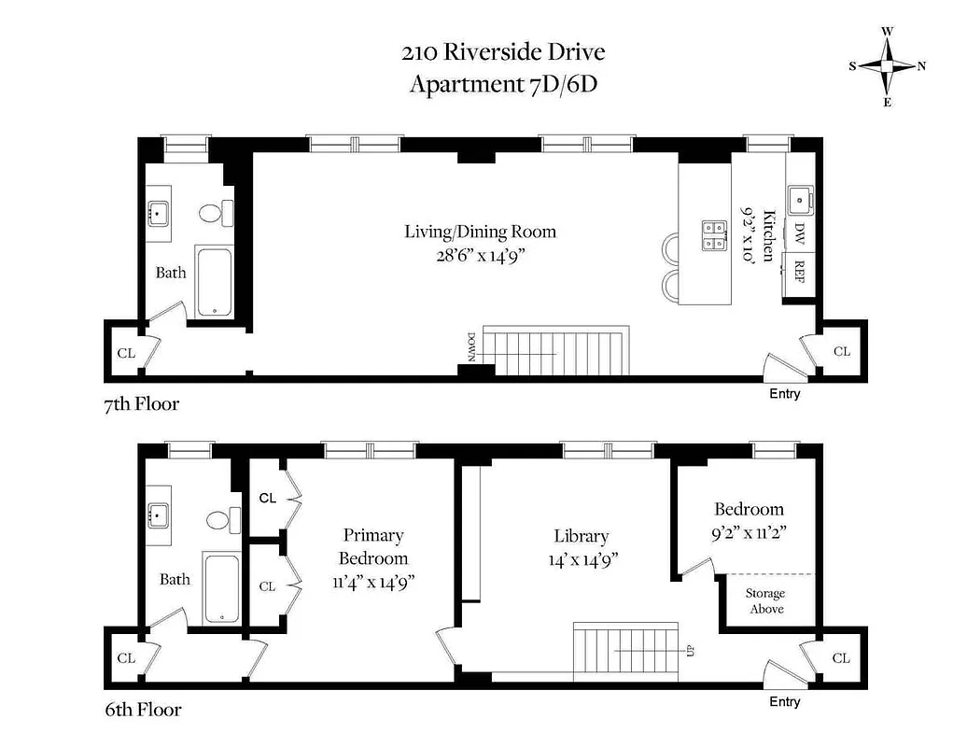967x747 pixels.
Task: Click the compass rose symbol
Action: click(887, 65)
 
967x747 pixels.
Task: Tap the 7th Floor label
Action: click(141, 404)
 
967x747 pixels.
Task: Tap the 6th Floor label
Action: click(142, 710)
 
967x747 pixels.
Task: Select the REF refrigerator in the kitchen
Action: click(799, 271)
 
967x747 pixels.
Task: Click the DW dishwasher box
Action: click(799, 233)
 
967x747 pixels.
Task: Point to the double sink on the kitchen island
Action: click(714, 235)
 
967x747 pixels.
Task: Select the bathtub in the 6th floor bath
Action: click(222, 588)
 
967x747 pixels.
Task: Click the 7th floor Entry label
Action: click(784, 394)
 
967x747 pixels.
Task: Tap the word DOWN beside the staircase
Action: click(471, 346)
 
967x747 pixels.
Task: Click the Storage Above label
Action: click(764, 601)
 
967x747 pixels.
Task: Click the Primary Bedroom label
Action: click(372, 546)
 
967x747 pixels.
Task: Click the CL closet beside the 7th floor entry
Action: click(841, 352)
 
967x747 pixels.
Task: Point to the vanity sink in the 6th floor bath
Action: click(159, 513)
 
